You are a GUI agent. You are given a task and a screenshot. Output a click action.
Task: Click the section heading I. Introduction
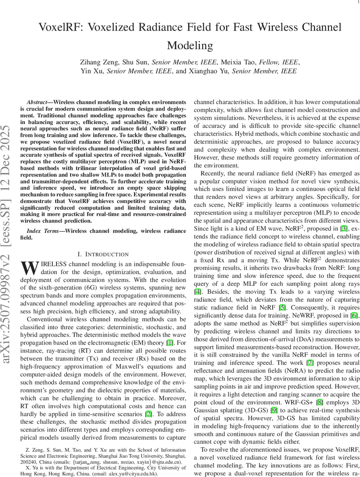pos(103,254)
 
